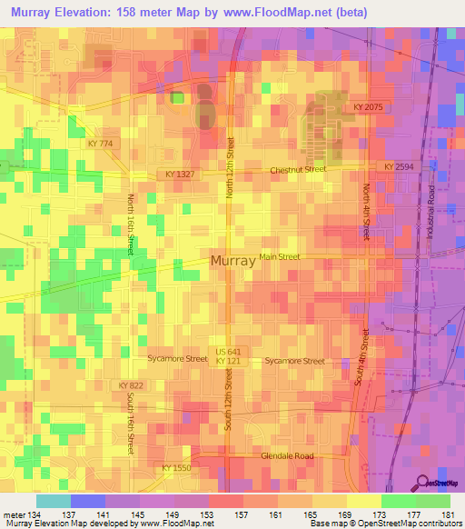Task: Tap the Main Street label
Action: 280,257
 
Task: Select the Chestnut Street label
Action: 298,170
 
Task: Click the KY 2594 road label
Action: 398,167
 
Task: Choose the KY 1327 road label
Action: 182,173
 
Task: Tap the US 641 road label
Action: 229,351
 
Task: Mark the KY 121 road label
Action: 227,362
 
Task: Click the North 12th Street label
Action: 231,167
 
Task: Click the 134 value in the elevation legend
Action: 35,515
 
